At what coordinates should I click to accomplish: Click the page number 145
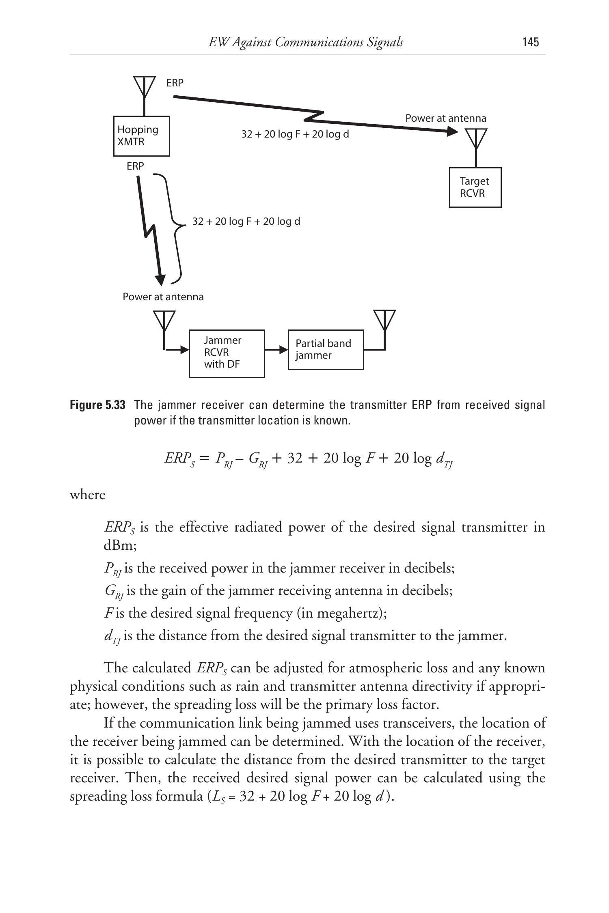tap(531, 42)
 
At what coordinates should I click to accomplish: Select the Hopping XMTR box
tap(141, 136)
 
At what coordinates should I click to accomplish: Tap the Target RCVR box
tap(475, 187)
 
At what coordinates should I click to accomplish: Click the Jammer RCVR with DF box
tap(227, 353)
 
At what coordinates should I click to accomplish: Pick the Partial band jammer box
tap(326, 349)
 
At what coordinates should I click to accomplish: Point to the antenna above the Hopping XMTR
tap(145, 87)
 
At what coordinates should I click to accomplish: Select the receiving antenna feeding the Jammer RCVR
tap(164, 322)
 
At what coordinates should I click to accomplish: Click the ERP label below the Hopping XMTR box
tap(135, 166)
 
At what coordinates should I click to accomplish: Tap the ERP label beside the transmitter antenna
tap(175, 83)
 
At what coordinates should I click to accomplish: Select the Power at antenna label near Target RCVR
tap(446, 118)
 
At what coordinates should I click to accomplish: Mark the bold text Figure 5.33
tap(97, 405)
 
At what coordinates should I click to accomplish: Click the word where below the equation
tap(87, 495)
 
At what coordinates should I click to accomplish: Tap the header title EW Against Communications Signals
tap(306, 42)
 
